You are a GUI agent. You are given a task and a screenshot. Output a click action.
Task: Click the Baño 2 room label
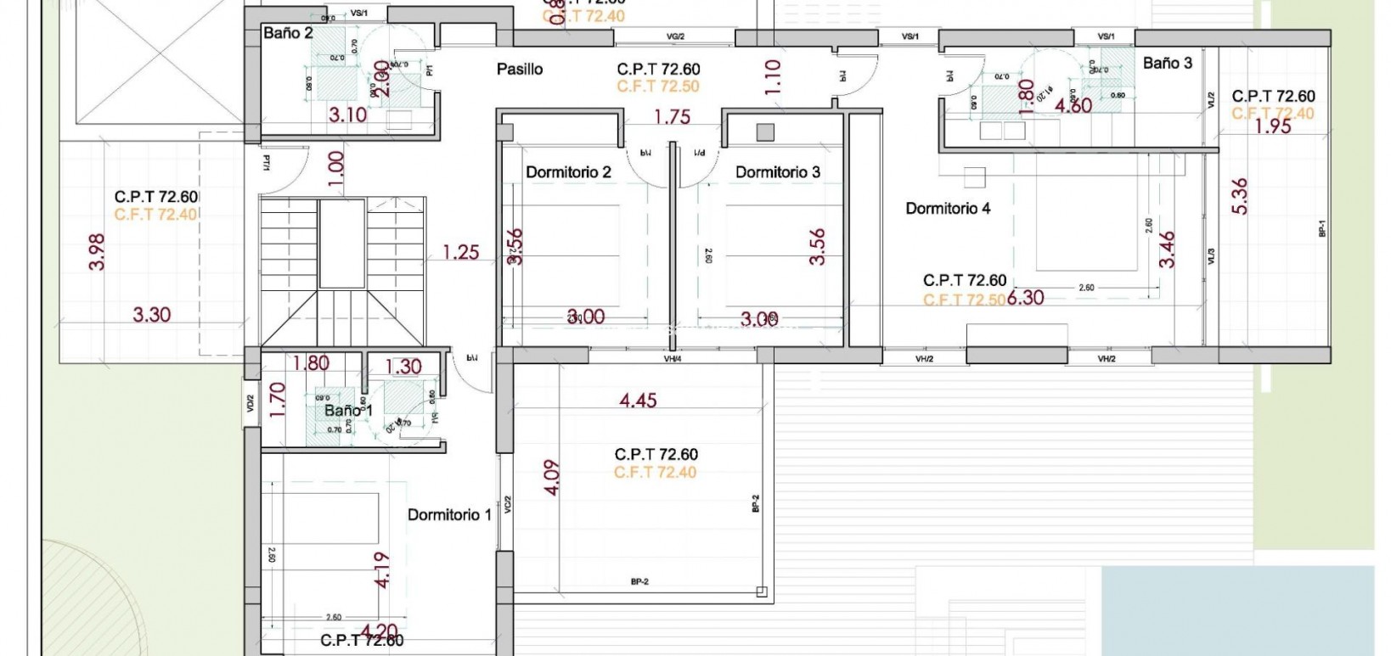288,33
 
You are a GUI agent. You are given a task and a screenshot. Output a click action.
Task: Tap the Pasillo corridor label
520,70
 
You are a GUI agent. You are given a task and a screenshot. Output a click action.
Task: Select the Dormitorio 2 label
568,172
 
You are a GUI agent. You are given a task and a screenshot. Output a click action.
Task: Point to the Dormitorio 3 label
777,172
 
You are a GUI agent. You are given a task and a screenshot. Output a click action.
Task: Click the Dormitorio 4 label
948,208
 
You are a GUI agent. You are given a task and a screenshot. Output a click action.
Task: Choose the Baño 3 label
1167,63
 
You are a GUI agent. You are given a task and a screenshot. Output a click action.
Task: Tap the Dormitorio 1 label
449,514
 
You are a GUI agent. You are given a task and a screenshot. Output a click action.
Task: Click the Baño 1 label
348,411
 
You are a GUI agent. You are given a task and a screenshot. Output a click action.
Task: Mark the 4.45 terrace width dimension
638,400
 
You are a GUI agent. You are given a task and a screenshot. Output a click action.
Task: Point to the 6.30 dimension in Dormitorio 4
1026,298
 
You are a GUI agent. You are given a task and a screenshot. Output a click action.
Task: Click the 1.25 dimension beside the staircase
461,252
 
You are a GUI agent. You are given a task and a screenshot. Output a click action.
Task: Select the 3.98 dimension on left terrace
98,252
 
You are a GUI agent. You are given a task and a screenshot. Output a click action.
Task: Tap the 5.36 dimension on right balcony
1240,195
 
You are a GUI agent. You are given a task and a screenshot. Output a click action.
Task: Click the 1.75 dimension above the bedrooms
672,117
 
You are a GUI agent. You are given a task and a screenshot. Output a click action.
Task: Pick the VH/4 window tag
673,359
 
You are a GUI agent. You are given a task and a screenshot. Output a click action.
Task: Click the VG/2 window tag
676,36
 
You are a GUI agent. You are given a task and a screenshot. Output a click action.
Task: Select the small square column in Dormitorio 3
765,132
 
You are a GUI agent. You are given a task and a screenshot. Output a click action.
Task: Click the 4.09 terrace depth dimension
553,478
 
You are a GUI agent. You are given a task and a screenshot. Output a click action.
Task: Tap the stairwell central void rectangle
342,244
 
